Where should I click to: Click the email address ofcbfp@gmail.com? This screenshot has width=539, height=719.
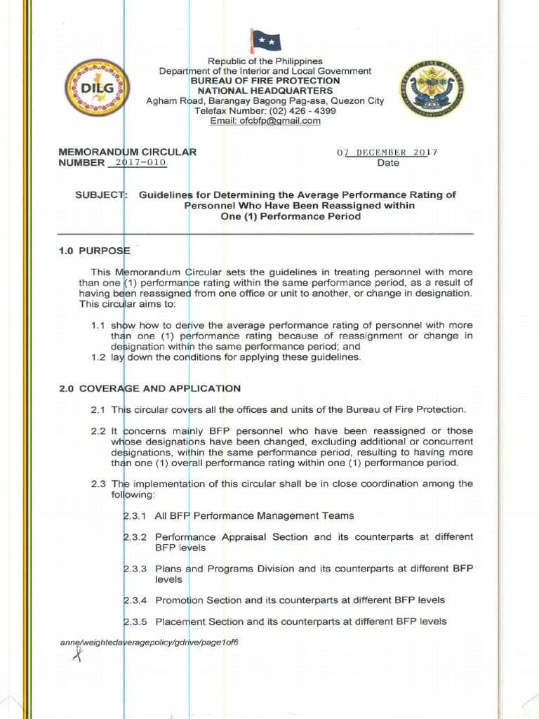(265, 121)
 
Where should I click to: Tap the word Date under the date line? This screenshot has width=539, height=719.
(388, 163)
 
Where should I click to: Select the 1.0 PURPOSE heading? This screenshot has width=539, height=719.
(95, 251)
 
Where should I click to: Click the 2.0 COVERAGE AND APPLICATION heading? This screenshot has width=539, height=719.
(150, 388)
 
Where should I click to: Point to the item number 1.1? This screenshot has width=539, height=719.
(98, 326)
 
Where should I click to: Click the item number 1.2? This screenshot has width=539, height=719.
(98, 357)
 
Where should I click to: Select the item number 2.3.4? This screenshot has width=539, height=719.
(134, 600)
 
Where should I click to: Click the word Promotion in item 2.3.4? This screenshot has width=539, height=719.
(179, 600)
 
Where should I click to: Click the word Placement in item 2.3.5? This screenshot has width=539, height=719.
(180, 621)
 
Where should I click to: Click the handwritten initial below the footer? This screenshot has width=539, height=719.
(78, 656)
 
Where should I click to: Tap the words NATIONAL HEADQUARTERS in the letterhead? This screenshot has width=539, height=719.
(265, 91)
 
